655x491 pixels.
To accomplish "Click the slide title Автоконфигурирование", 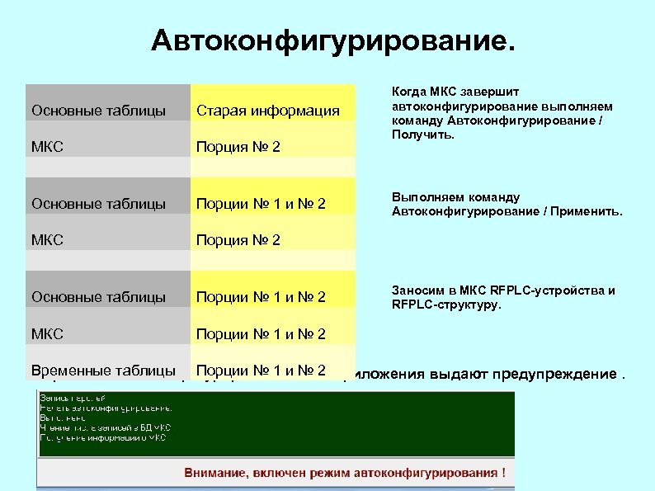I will click(332, 40).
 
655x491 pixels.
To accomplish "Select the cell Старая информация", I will click(267, 111).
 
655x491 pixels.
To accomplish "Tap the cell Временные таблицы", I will click(103, 371).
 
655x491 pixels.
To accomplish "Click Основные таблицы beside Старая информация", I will click(98, 111).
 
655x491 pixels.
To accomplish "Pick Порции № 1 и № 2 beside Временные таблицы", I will click(262, 371).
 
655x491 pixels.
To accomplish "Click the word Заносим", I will click(417, 290).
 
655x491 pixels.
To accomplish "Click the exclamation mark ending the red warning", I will click(503, 473).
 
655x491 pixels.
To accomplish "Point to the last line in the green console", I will click(102, 438).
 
